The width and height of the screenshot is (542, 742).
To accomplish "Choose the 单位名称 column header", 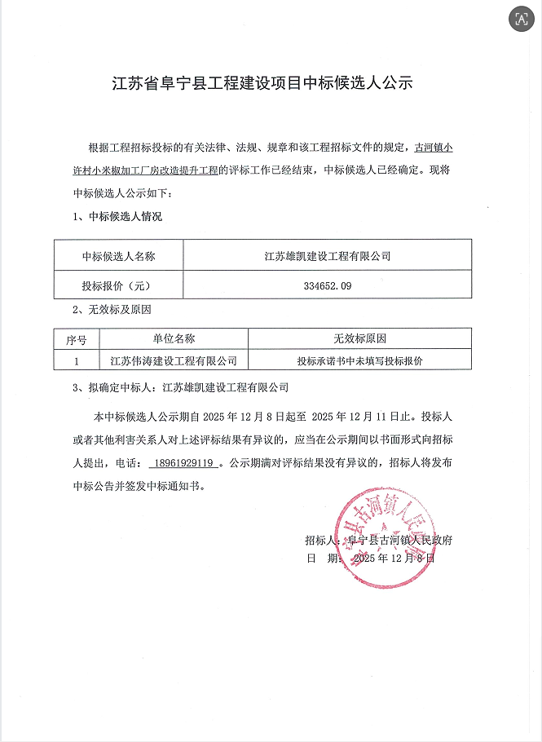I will coord(173,338).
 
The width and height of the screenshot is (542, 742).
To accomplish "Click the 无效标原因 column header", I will coord(359,338).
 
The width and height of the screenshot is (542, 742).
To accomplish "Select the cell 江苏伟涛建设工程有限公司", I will coord(173,359).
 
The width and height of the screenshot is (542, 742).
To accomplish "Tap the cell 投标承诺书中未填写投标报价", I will coord(359,359).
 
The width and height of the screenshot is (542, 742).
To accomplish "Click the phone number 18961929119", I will coord(182,463).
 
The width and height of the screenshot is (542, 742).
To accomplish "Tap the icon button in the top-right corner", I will coord(518,20).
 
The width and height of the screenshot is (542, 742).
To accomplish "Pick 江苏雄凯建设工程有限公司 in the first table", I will coord(328,256).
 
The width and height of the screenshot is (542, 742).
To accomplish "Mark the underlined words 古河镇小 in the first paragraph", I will coord(435,148).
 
